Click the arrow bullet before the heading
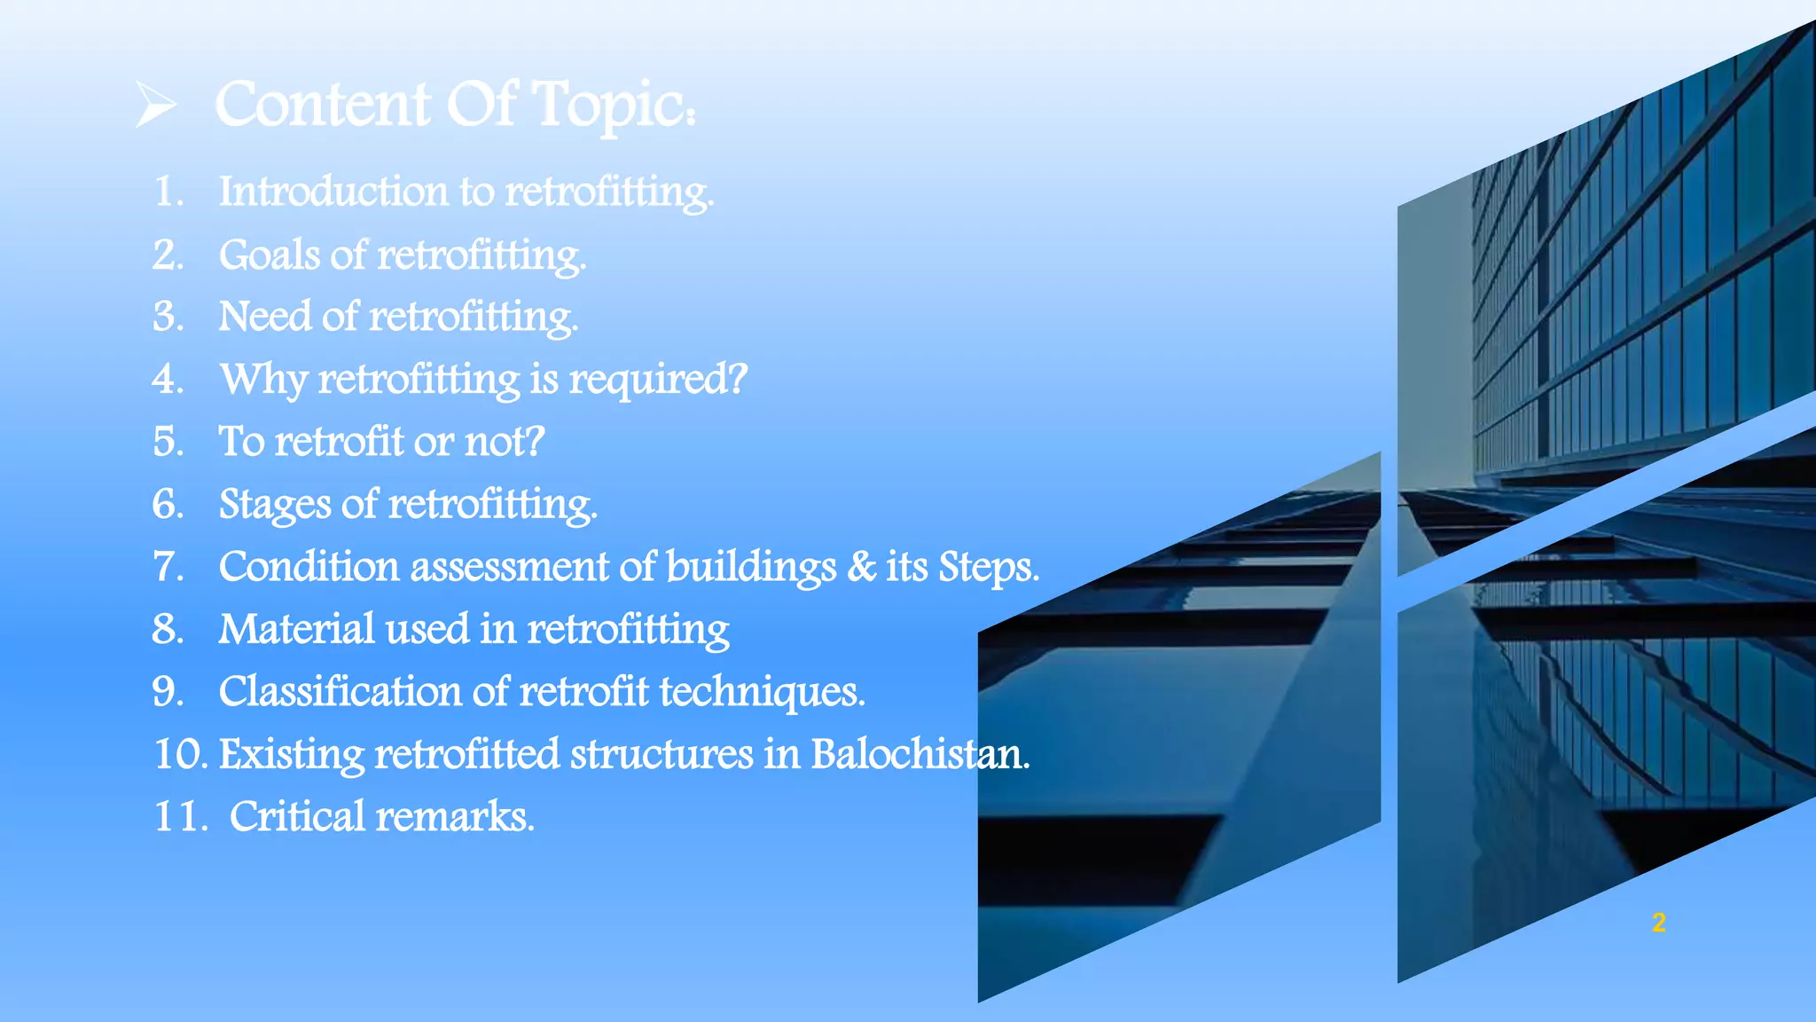click(156, 104)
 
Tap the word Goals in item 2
click(270, 255)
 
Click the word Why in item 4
click(263, 380)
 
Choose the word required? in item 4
click(658, 380)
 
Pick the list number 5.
click(167, 442)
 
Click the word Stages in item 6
click(275, 505)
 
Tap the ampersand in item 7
click(861, 567)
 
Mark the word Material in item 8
click(296, 629)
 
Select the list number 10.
click(180, 754)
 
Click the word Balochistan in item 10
click(919, 754)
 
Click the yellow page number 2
click(1659, 923)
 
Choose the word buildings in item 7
click(750, 567)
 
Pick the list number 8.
click(167, 629)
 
